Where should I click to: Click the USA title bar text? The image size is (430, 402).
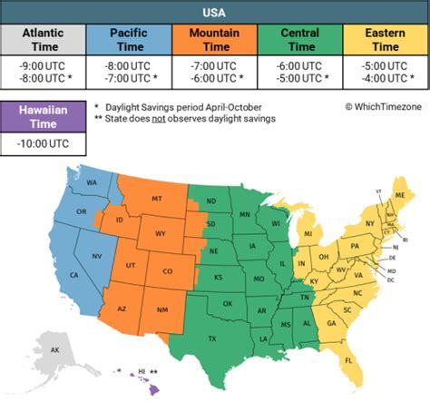click(x=215, y=12)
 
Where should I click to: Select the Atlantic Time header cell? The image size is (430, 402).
click(x=43, y=40)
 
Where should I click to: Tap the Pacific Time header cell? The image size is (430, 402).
click(x=128, y=40)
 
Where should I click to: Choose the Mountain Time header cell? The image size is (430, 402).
click(x=214, y=40)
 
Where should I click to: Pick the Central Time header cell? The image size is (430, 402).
click(x=300, y=40)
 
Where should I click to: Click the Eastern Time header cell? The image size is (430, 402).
click(x=386, y=40)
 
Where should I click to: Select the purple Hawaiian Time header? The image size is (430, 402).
click(x=43, y=115)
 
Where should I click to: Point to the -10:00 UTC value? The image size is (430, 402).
click(x=43, y=143)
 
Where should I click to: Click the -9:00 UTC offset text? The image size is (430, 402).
click(x=43, y=65)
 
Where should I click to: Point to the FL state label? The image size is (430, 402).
click(x=349, y=360)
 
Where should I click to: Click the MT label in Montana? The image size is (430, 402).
click(x=156, y=198)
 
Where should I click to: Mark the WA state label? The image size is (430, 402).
click(x=92, y=182)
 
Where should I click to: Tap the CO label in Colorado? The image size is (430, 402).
click(x=167, y=270)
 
